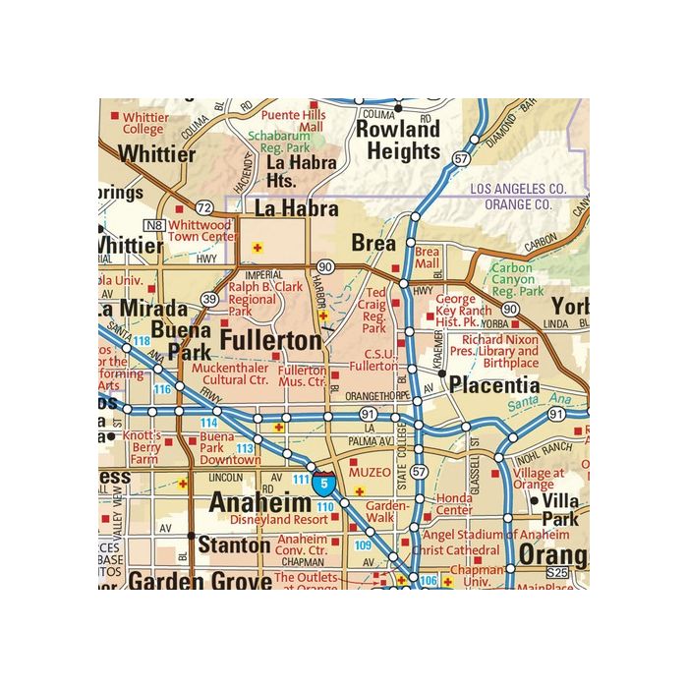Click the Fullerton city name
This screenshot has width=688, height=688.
pos(270,341)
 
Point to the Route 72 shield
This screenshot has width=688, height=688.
pos(203,207)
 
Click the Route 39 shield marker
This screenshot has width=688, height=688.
pos(208,299)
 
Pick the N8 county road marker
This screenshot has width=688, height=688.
pos(154,225)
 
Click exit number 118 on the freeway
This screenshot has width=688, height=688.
pos(142,341)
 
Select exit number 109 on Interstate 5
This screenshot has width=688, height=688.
pos(363,545)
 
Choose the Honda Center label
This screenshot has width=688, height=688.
pos(454,504)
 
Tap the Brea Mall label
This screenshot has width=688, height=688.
pos(428,258)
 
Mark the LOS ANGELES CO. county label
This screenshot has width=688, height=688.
pos(516,188)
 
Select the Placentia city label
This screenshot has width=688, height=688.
pos(494,385)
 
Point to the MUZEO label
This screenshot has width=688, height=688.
pos(370,473)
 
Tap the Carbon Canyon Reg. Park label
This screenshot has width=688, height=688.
pos(517,279)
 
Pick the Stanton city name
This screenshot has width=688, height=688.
pos(234,545)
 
